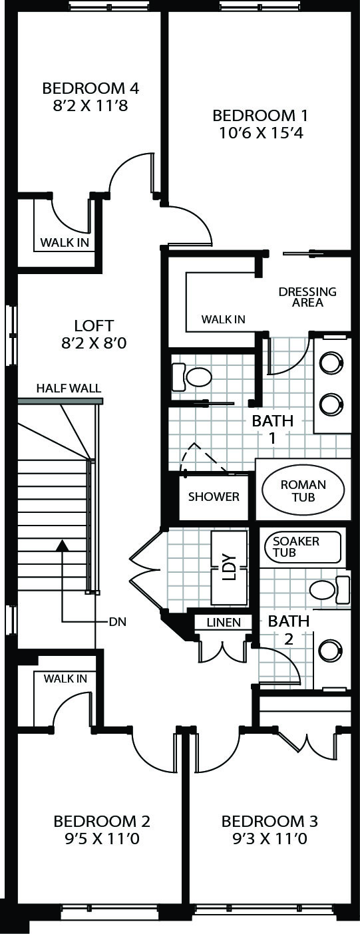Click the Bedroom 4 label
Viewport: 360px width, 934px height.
click(x=90, y=88)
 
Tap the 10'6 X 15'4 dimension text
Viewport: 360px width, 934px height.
click(x=261, y=133)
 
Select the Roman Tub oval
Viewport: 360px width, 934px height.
click(x=303, y=490)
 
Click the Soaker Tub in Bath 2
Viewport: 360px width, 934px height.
click(x=303, y=547)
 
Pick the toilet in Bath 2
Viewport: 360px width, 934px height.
click(x=329, y=589)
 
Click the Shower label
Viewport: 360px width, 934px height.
click(x=214, y=497)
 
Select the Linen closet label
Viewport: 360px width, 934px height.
click(x=224, y=623)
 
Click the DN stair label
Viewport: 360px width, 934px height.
click(x=117, y=622)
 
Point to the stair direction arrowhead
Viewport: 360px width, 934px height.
click(x=63, y=545)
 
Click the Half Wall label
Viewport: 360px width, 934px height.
click(x=69, y=389)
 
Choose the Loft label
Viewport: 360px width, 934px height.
click(x=94, y=325)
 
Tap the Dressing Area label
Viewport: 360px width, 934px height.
click(x=307, y=297)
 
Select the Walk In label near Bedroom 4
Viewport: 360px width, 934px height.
click(x=65, y=242)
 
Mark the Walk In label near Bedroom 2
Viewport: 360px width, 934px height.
click(x=65, y=679)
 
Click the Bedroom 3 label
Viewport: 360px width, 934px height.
click(x=270, y=821)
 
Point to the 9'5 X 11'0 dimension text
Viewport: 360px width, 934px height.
click(x=102, y=838)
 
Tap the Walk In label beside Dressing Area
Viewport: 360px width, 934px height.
click(x=223, y=319)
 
